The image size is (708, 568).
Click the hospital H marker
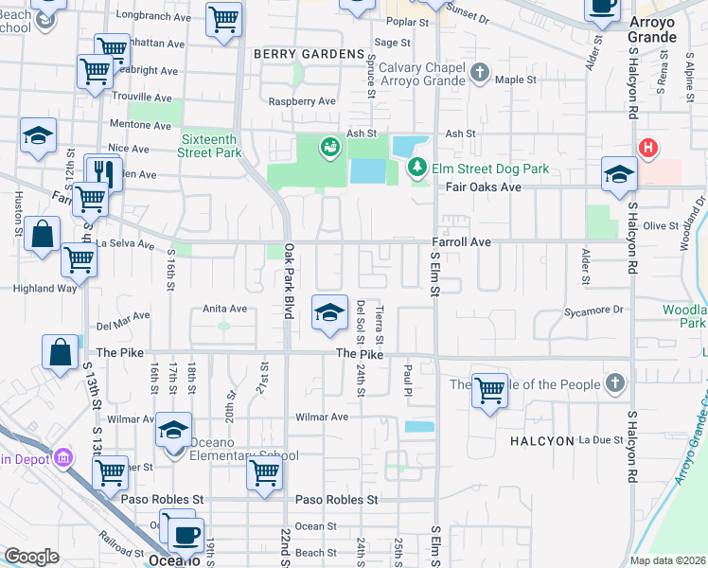click(x=648, y=148)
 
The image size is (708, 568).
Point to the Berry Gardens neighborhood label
click(x=309, y=54)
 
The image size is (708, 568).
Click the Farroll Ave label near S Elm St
click(x=462, y=242)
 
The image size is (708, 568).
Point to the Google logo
click(x=32, y=557)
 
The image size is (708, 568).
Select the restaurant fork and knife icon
click(x=104, y=172)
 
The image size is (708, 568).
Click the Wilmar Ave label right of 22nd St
click(x=322, y=417)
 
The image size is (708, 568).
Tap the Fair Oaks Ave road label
click(x=483, y=187)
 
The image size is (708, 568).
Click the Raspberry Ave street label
click(x=303, y=101)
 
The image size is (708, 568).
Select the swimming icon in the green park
click(x=329, y=147)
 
